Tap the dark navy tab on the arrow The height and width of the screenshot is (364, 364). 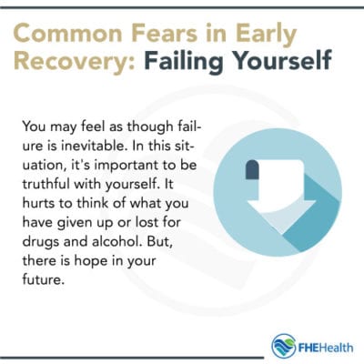point(253,169)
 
